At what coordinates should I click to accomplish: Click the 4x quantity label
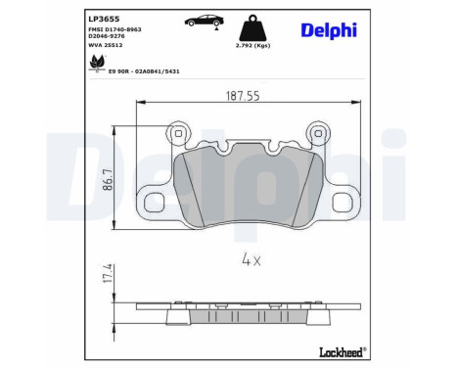click(x=250, y=260)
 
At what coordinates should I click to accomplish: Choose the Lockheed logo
click(x=342, y=349)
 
